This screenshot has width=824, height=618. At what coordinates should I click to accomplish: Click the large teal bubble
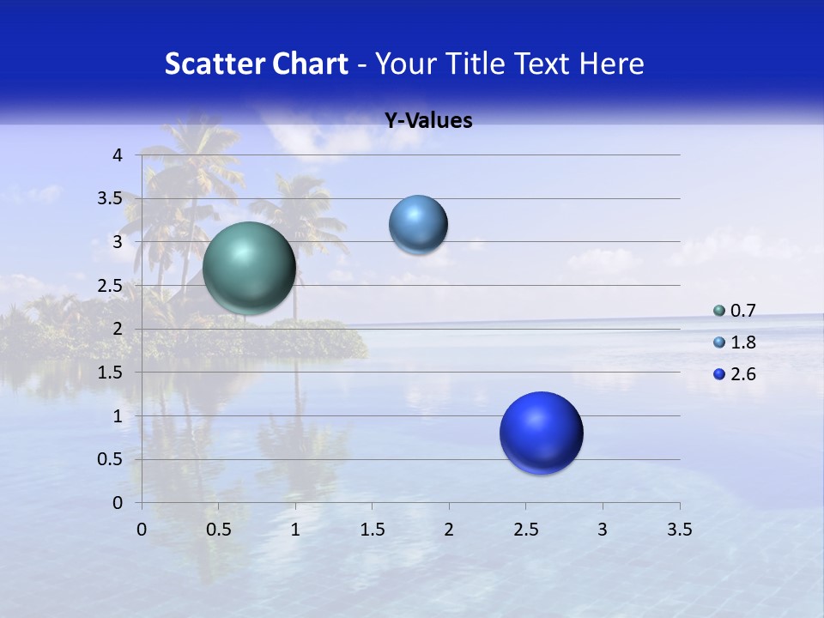[250, 268]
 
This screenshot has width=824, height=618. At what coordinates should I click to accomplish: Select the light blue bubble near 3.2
[418, 225]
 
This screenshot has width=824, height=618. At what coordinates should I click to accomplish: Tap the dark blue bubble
[541, 433]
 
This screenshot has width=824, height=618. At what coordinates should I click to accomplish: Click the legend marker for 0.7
[719, 311]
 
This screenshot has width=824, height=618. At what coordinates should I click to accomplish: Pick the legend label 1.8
[743, 342]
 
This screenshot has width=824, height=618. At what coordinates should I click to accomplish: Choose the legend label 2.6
[743, 374]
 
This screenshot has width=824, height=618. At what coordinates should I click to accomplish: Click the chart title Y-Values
[428, 121]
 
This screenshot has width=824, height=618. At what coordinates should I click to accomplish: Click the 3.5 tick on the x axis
[679, 530]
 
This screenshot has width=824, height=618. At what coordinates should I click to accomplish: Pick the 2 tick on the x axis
[449, 530]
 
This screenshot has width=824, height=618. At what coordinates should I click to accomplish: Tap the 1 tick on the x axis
[295, 530]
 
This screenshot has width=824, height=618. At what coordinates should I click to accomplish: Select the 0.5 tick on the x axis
[218, 530]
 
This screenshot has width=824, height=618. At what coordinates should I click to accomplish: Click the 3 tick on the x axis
[603, 530]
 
